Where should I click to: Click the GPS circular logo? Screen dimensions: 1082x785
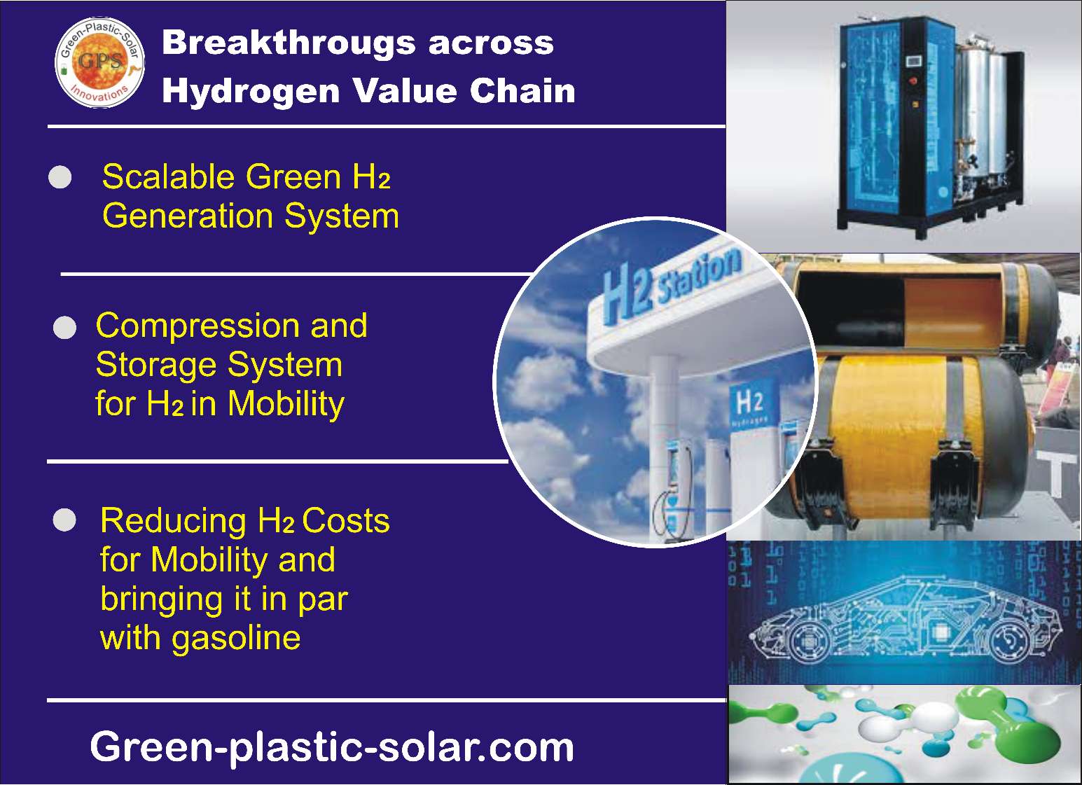(99, 62)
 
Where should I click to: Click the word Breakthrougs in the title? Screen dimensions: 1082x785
(289, 43)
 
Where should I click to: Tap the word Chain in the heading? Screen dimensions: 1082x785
(523, 91)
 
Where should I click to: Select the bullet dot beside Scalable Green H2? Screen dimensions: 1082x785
(60, 177)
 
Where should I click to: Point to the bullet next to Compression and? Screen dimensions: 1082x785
(64, 328)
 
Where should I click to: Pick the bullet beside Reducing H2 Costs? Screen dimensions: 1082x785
(64, 520)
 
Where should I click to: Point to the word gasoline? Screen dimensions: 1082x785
(237, 639)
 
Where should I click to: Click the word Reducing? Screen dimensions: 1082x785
(173, 522)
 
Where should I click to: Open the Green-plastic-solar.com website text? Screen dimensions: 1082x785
(332, 747)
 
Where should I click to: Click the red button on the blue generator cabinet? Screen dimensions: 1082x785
(915, 81)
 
